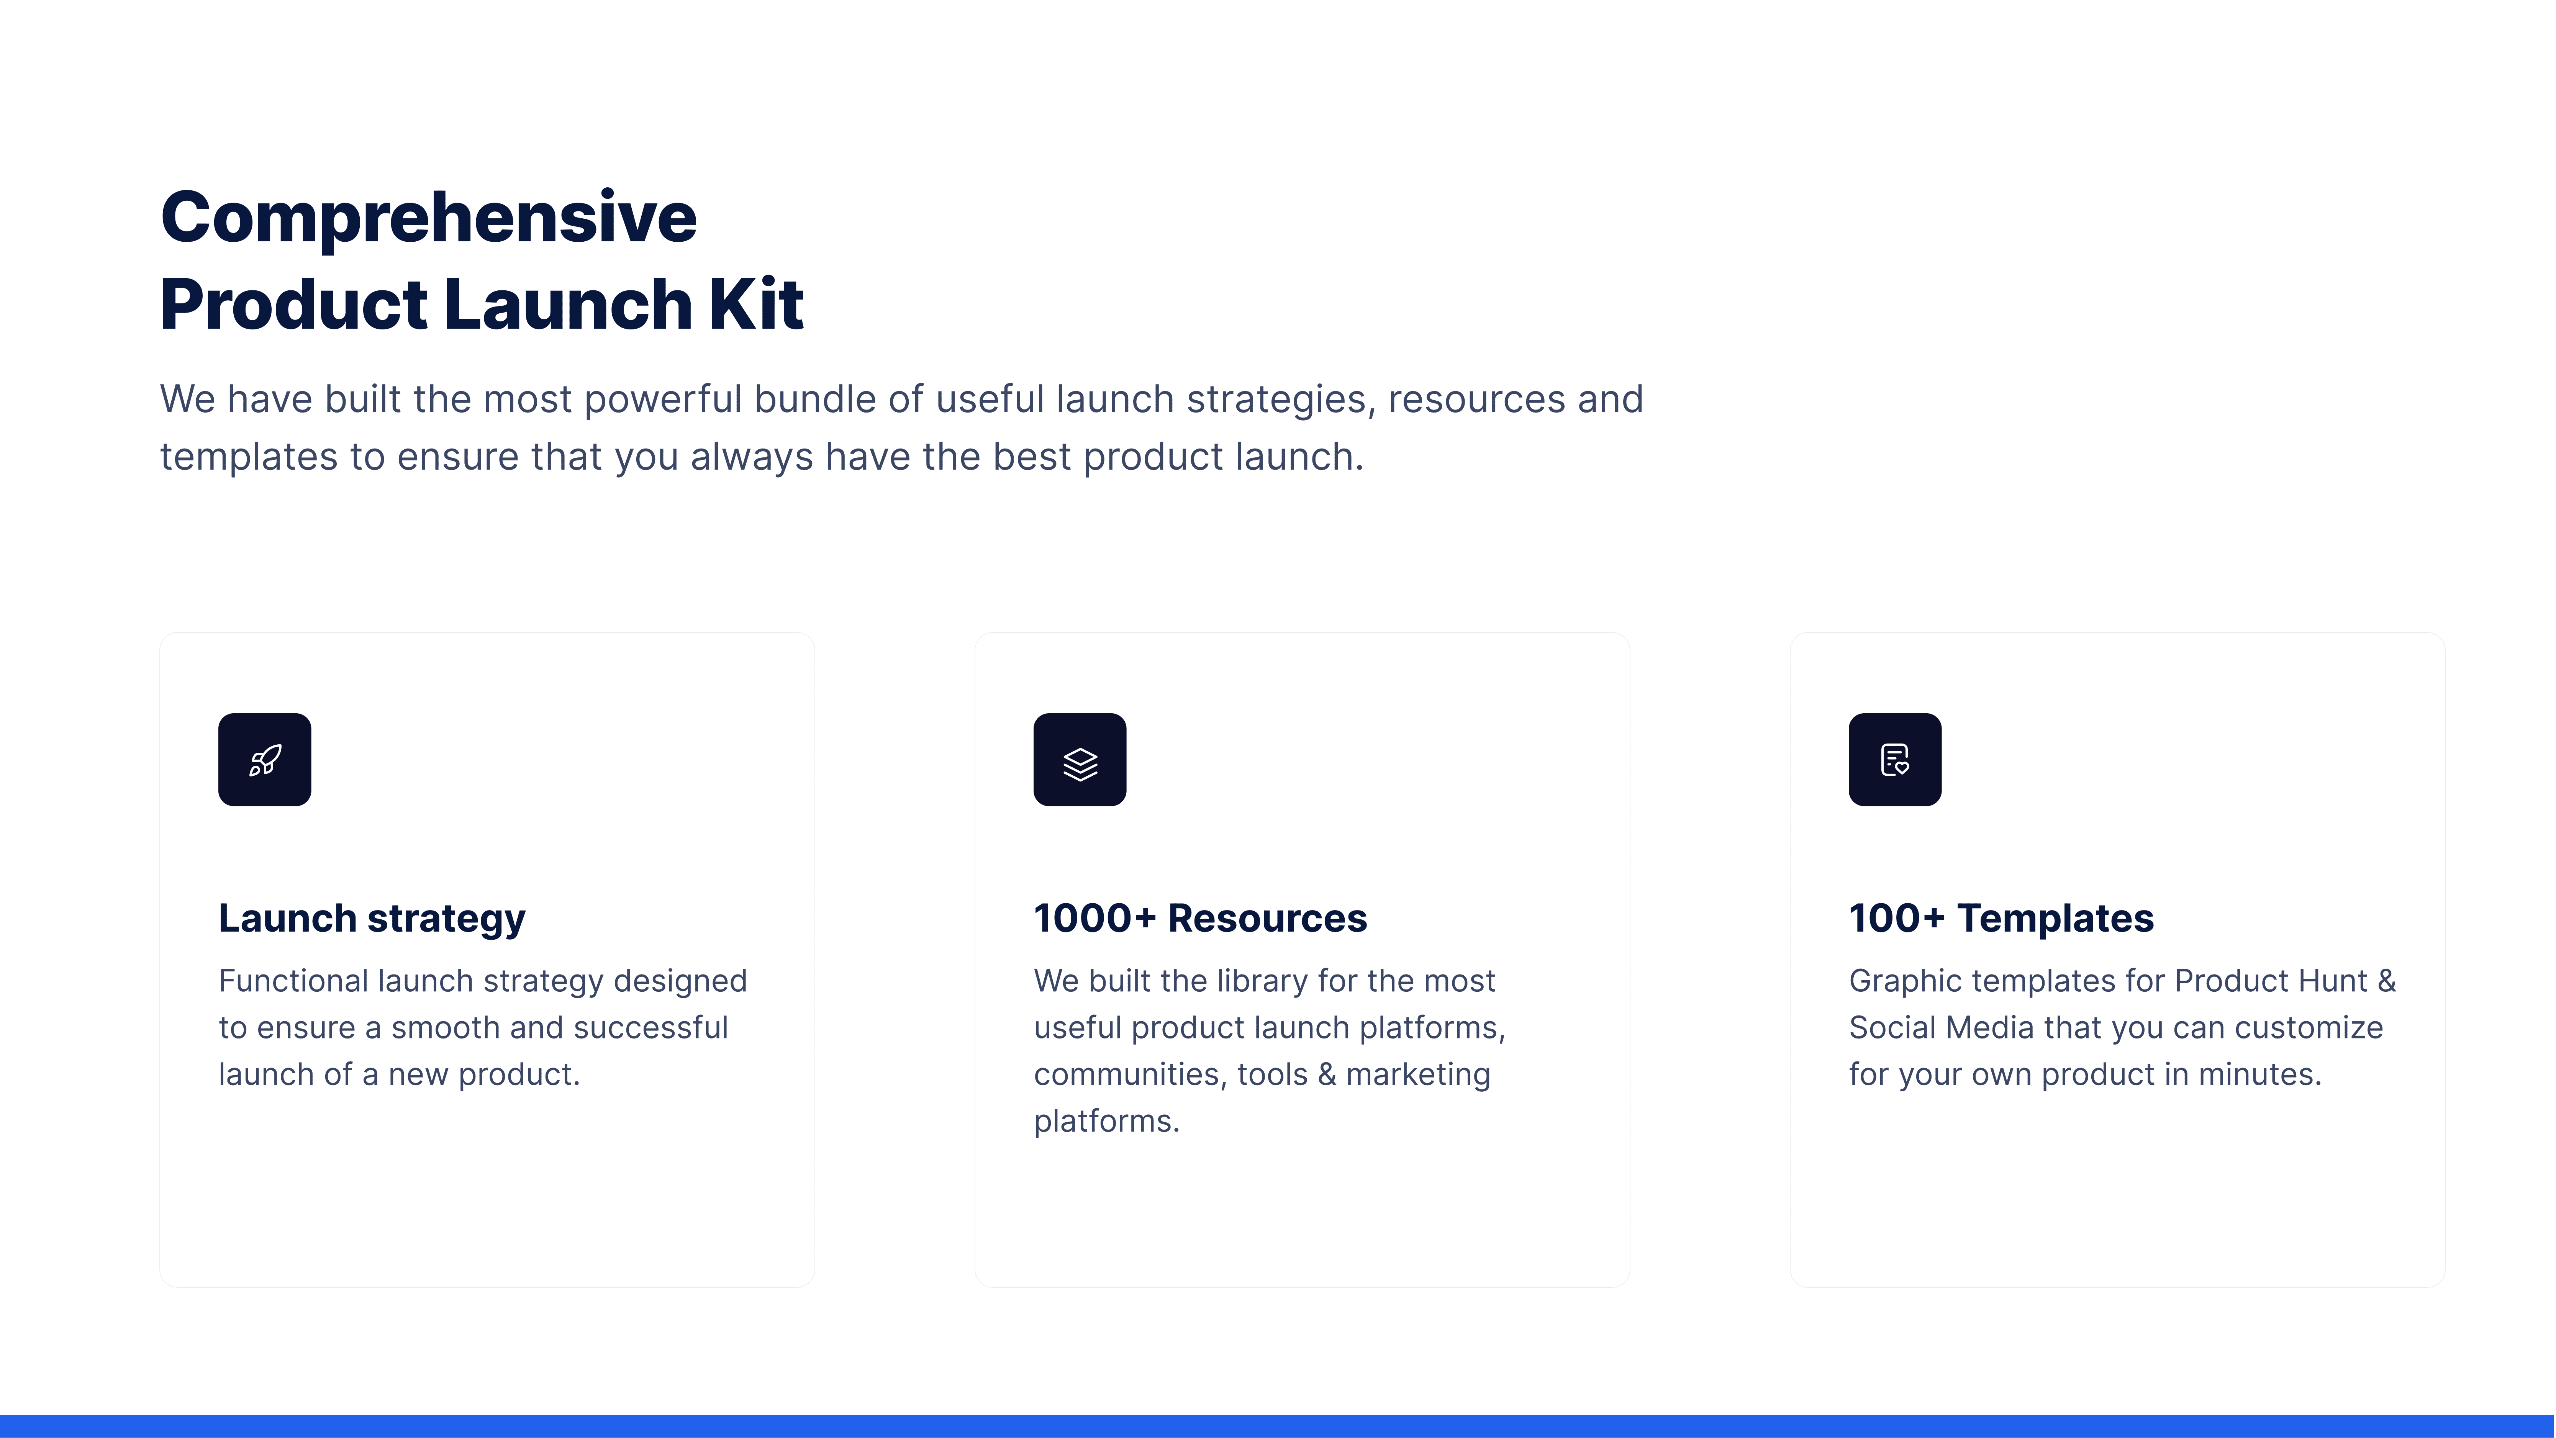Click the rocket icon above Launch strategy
[265, 760]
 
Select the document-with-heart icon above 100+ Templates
[1894, 760]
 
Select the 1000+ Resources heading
[1199, 918]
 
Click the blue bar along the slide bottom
[1278, 1426]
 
